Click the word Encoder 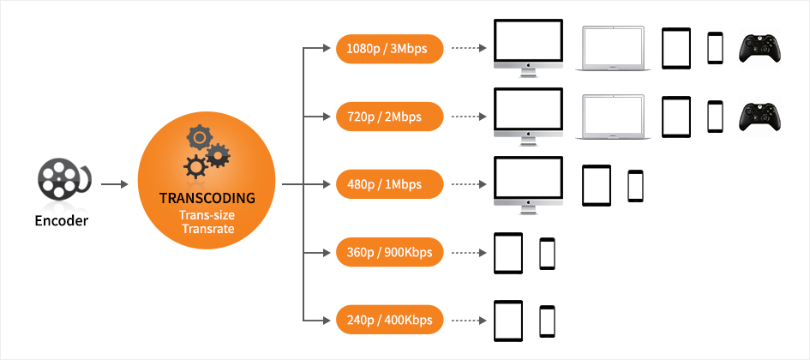62,220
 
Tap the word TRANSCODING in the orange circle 207,198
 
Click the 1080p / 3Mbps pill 390,48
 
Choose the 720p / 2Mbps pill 390,116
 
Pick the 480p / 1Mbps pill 390,183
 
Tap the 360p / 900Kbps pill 390,253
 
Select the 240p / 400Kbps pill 390,321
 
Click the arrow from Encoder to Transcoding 115,183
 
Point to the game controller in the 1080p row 761,47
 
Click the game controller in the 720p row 761,117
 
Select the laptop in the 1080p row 614,48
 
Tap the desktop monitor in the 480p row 529,183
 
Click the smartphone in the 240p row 547,321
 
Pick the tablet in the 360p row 508,253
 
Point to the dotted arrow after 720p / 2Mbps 466,116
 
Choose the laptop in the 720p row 614,117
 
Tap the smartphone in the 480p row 635,185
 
